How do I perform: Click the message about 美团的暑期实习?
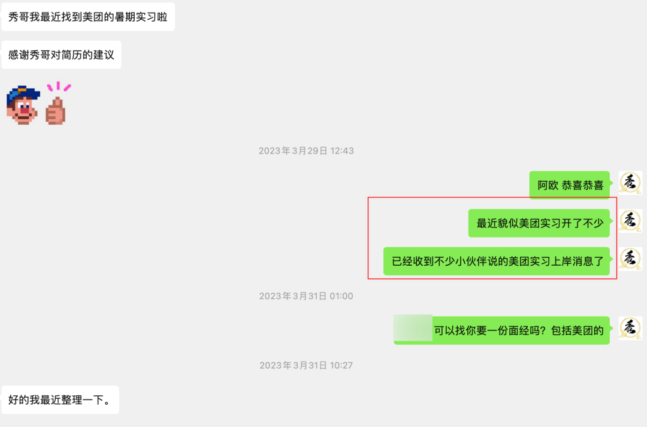87,17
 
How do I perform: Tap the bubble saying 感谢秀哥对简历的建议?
61,55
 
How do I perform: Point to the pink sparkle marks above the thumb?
59,88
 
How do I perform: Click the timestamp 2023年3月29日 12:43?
306,151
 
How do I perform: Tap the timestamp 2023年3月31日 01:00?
306,296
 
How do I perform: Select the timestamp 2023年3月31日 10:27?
306,365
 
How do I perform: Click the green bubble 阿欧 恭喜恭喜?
570,185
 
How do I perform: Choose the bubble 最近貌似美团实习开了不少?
539,223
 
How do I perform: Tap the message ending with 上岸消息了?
497,261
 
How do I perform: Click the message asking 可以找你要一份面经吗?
519,330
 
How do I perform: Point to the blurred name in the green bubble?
413,328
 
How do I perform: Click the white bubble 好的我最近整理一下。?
60,400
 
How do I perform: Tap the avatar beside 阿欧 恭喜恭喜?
630,182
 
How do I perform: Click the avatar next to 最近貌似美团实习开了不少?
630,221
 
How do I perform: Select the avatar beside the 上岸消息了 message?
630,258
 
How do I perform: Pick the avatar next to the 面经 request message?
630,328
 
